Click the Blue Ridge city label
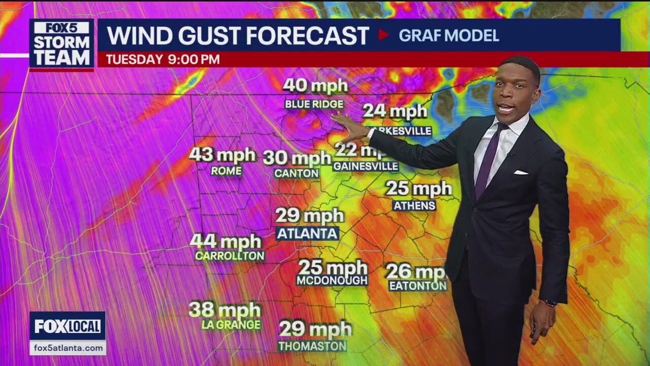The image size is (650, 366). pos(314,104)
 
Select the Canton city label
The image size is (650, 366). pos(297,173)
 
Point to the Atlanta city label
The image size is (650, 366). pos(307,234)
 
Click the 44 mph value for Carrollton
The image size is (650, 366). pos(225,241)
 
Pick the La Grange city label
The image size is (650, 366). pos(231,324)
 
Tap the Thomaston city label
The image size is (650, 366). pos(312,346)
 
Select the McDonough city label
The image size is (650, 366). pos(332,281)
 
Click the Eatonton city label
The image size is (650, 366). pos(417,286)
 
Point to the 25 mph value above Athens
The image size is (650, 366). pos(418,189)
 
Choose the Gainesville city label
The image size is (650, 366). pos(366,166)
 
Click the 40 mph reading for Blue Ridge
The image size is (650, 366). pos(315,85)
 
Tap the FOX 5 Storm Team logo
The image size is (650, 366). pos(61,44)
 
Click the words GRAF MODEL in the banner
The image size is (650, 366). pos(448,36)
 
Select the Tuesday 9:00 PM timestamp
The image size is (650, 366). pos(162,59)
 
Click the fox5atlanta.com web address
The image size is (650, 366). pos(67,348)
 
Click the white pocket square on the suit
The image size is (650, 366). pos(521,172)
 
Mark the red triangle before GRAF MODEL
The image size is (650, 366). pos(383,35)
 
